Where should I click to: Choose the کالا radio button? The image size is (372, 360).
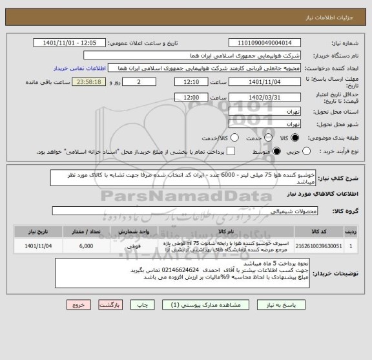coord(295,138)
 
